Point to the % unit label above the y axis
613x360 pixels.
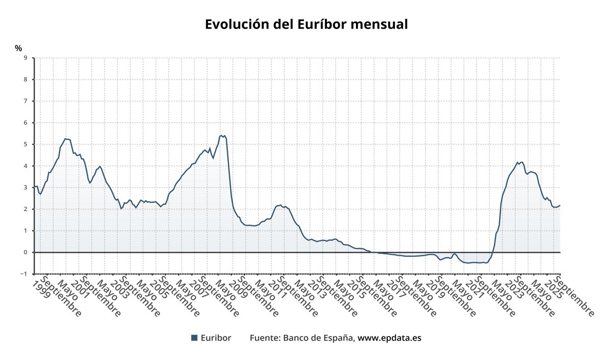pyautogui.click(x=18, y=49)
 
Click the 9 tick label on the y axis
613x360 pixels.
pyautogui.click(x=26, y=58)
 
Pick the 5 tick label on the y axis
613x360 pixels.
pyautogui.click(x=26, y=145)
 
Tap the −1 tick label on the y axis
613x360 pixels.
pyautogui.click(x=23, y=274)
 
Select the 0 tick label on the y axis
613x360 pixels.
pyautogui.click(x=26, y=252)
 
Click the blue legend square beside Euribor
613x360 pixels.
pyautogui.click(x=194, y=338)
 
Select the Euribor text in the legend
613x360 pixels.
pyautogui.click(x=216, y=338)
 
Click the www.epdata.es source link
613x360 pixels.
pyautogui.click(x=389, y=338)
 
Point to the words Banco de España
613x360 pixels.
pyautogui.click(x=319, y=338)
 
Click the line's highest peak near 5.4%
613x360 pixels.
pyautogui.click(x=221, y=135)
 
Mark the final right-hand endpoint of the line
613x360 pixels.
pyautogui.click(x=560, y=205)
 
